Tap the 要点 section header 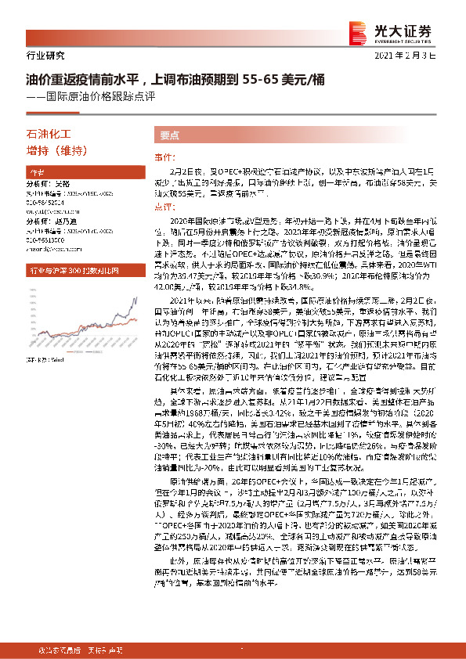[x=170, y=135]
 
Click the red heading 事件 [x=162, y=157]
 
